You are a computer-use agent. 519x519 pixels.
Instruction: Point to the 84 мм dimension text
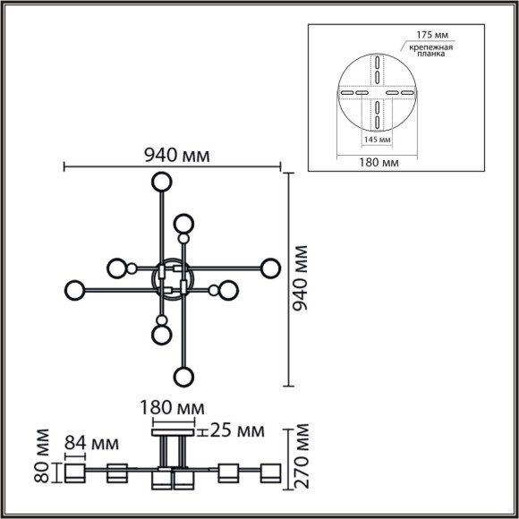click(x=92, y=442)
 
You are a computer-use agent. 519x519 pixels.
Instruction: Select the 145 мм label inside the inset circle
click(x=377, y=140)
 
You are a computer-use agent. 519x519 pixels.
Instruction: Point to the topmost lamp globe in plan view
click(x=161, y=183)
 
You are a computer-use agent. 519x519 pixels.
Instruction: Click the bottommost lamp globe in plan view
click(x=183, y=377)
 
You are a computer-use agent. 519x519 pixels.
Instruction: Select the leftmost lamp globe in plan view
click(x=74, y=290)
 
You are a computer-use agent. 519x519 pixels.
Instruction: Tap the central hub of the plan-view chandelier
click(x=173, y=278)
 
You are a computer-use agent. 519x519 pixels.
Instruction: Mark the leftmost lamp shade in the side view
click(x=73, y=472)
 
